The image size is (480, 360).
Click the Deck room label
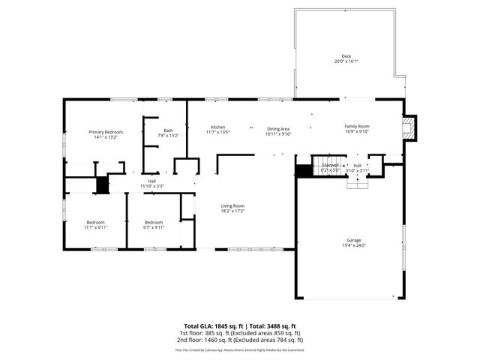tap(346, 57)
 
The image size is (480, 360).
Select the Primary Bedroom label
tap(106, 132)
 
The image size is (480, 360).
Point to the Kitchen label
tap(217, 127)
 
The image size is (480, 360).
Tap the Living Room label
tap(232, 206)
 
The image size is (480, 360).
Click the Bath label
tap(168, 131)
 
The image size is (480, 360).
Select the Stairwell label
tap(331, 165)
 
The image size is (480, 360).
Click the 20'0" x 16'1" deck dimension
tap(346, 62)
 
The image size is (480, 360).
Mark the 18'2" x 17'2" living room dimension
tap(232, 211)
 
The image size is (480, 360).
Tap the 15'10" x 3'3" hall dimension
tap(152, 185)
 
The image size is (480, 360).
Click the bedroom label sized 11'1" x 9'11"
tap(95, 222)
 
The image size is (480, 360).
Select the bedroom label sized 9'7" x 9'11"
tap(154, 222)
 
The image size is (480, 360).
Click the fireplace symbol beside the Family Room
tap(409, 128)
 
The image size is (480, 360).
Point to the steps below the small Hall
tap(357, 184)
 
